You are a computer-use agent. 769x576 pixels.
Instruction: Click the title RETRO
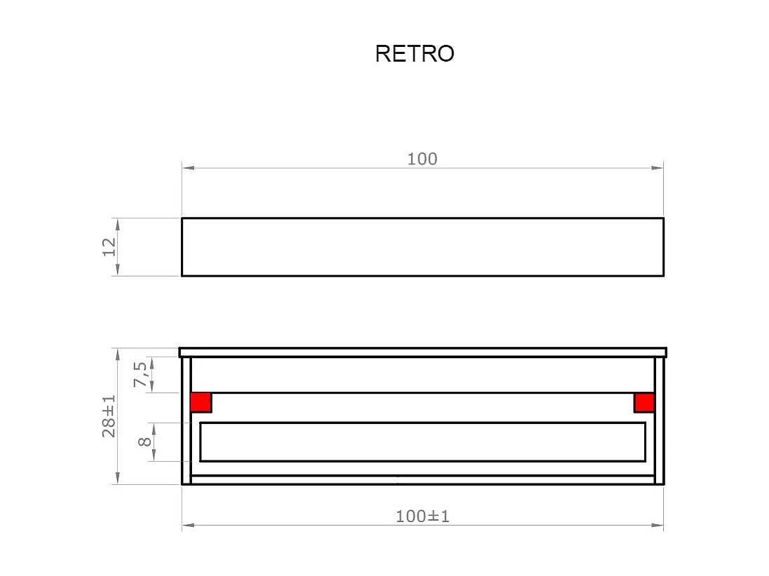click(x=414, y=53)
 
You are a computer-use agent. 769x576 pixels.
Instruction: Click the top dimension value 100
click(x=422, y=159)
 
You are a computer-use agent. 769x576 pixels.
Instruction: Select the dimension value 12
click(x=109, y=247)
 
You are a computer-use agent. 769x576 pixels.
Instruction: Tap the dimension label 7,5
click(x=141, y=374)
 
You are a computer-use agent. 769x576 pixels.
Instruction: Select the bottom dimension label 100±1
click(x=422, y=516)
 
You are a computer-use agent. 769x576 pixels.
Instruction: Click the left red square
click(x=200, y=402)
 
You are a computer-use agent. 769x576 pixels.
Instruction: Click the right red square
click(x=644, y=402)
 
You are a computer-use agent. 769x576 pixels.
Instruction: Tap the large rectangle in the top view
click(x=422, y=247)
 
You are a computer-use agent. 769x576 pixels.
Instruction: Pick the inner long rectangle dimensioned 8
click(x=422, y=441)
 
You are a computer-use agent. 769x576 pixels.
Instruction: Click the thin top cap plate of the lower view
click(x=422, y=352)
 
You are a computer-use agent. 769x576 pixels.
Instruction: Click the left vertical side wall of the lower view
click(x=186, y=420)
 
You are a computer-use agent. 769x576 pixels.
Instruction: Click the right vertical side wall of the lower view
click(x=659, y=420)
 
